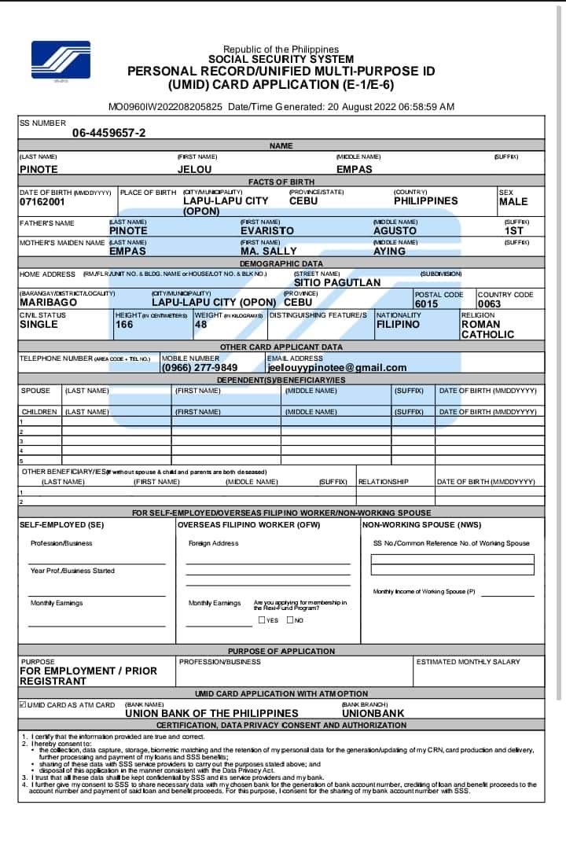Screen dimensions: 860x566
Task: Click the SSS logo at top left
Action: click(x=61, y=61)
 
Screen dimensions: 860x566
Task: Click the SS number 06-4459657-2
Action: click(x=108, y=133)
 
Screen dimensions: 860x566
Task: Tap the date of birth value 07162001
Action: click(x=42, y=202)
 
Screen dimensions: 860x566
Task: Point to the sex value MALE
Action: click(x=513, y=202)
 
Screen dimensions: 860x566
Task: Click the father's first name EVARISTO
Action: click(x=267, y=231)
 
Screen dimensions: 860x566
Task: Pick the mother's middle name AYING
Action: click(x=389, y=252)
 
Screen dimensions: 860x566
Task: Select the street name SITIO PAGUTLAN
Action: click(x=337, y=282)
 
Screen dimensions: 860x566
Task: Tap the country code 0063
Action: click(x=489, y=303)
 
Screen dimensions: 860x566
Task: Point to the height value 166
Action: click(x=124, y=324)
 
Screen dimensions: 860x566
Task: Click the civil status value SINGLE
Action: click(x=39, y=324)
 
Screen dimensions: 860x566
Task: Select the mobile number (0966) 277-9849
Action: click(x=200, y=367)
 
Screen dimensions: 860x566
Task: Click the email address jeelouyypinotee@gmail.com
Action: click(x=337, y=367)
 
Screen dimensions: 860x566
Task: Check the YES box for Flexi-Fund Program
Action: click(x=263, y=620)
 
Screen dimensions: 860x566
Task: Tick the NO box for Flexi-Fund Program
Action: click(x=290, y=620)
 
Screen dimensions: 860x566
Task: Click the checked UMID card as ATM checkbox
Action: click(x=22, y=704)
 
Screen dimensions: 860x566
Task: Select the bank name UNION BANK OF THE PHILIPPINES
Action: click(x=211, y=714)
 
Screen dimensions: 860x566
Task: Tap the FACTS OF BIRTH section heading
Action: click(x=281, y=182)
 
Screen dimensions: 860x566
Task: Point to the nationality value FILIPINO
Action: click(x=398, y=324)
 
